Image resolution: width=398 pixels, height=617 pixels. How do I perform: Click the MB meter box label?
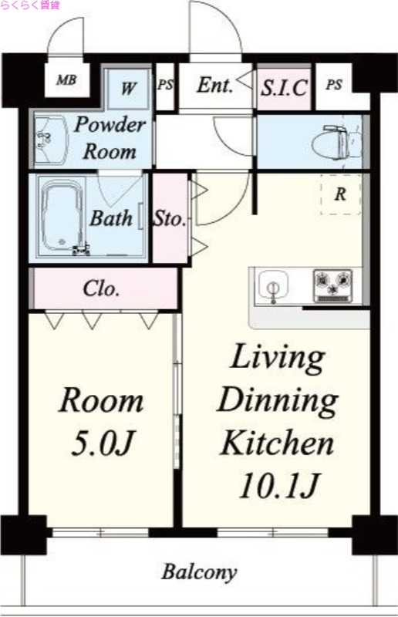tap(66, 80)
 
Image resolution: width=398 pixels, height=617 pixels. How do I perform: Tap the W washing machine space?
tap(129, 89)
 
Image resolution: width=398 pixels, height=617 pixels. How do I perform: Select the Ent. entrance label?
tap(214, 85)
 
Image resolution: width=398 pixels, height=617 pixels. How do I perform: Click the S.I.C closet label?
tap(284, 88)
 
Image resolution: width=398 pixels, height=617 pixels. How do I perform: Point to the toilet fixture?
tap(337, 143)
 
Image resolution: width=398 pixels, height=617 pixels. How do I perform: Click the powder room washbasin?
tap(49, 140)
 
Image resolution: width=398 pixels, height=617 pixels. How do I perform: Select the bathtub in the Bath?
tap(62, 217)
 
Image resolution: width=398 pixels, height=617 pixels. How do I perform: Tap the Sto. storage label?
tap(170, 218)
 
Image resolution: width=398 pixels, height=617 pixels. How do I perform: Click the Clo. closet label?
tap(101, 288)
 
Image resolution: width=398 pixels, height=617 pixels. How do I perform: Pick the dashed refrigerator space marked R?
tap(340, 194)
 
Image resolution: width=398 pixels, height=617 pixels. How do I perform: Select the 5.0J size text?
tap(103, 443)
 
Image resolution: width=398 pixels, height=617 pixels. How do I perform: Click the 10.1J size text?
tap(278, 485)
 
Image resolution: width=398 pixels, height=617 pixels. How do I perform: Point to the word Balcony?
tap(199, 572)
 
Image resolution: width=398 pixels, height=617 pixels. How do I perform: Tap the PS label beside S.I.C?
tap(334, 85)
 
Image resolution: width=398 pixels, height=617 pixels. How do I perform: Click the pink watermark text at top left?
tap(30, 5)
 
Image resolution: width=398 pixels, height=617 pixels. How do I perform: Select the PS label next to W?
tap(165, 85)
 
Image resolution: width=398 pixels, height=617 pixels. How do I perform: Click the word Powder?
tap(110, 125)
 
